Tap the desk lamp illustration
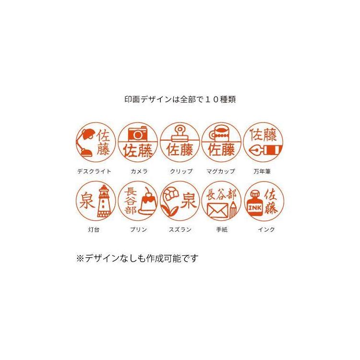[x=85, y=143]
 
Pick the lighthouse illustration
[x=104, y=201]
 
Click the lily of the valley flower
[x=169, y=201]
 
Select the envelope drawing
[x=217, y=211]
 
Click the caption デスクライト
[x=94, y=171]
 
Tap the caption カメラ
[x=139, y=171]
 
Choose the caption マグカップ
[x=221, y=171]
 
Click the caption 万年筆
[x=262, y=171]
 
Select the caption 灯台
[x=94, y=229]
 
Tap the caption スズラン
[x=180, y=229]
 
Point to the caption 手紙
[x=222, y=229]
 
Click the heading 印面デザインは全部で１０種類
[x=180, y=99]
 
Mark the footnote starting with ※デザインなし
[x=137, y=259]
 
